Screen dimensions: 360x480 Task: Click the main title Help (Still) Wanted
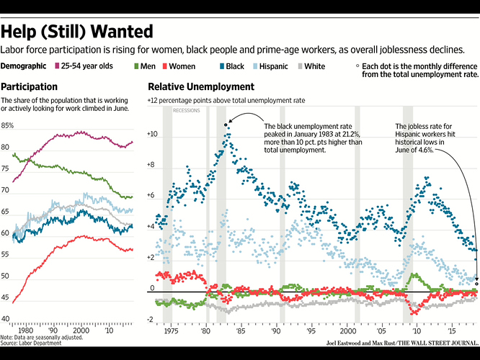[x=77, y=32]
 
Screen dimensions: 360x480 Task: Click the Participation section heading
[x=30, y=86]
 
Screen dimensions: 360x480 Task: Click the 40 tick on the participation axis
[x=6, y=318]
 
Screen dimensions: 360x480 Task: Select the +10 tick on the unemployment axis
[x=152, y=135]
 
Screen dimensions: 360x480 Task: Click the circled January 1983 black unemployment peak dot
[x=226, y=125]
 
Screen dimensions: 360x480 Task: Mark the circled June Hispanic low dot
[x=476, y=284]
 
